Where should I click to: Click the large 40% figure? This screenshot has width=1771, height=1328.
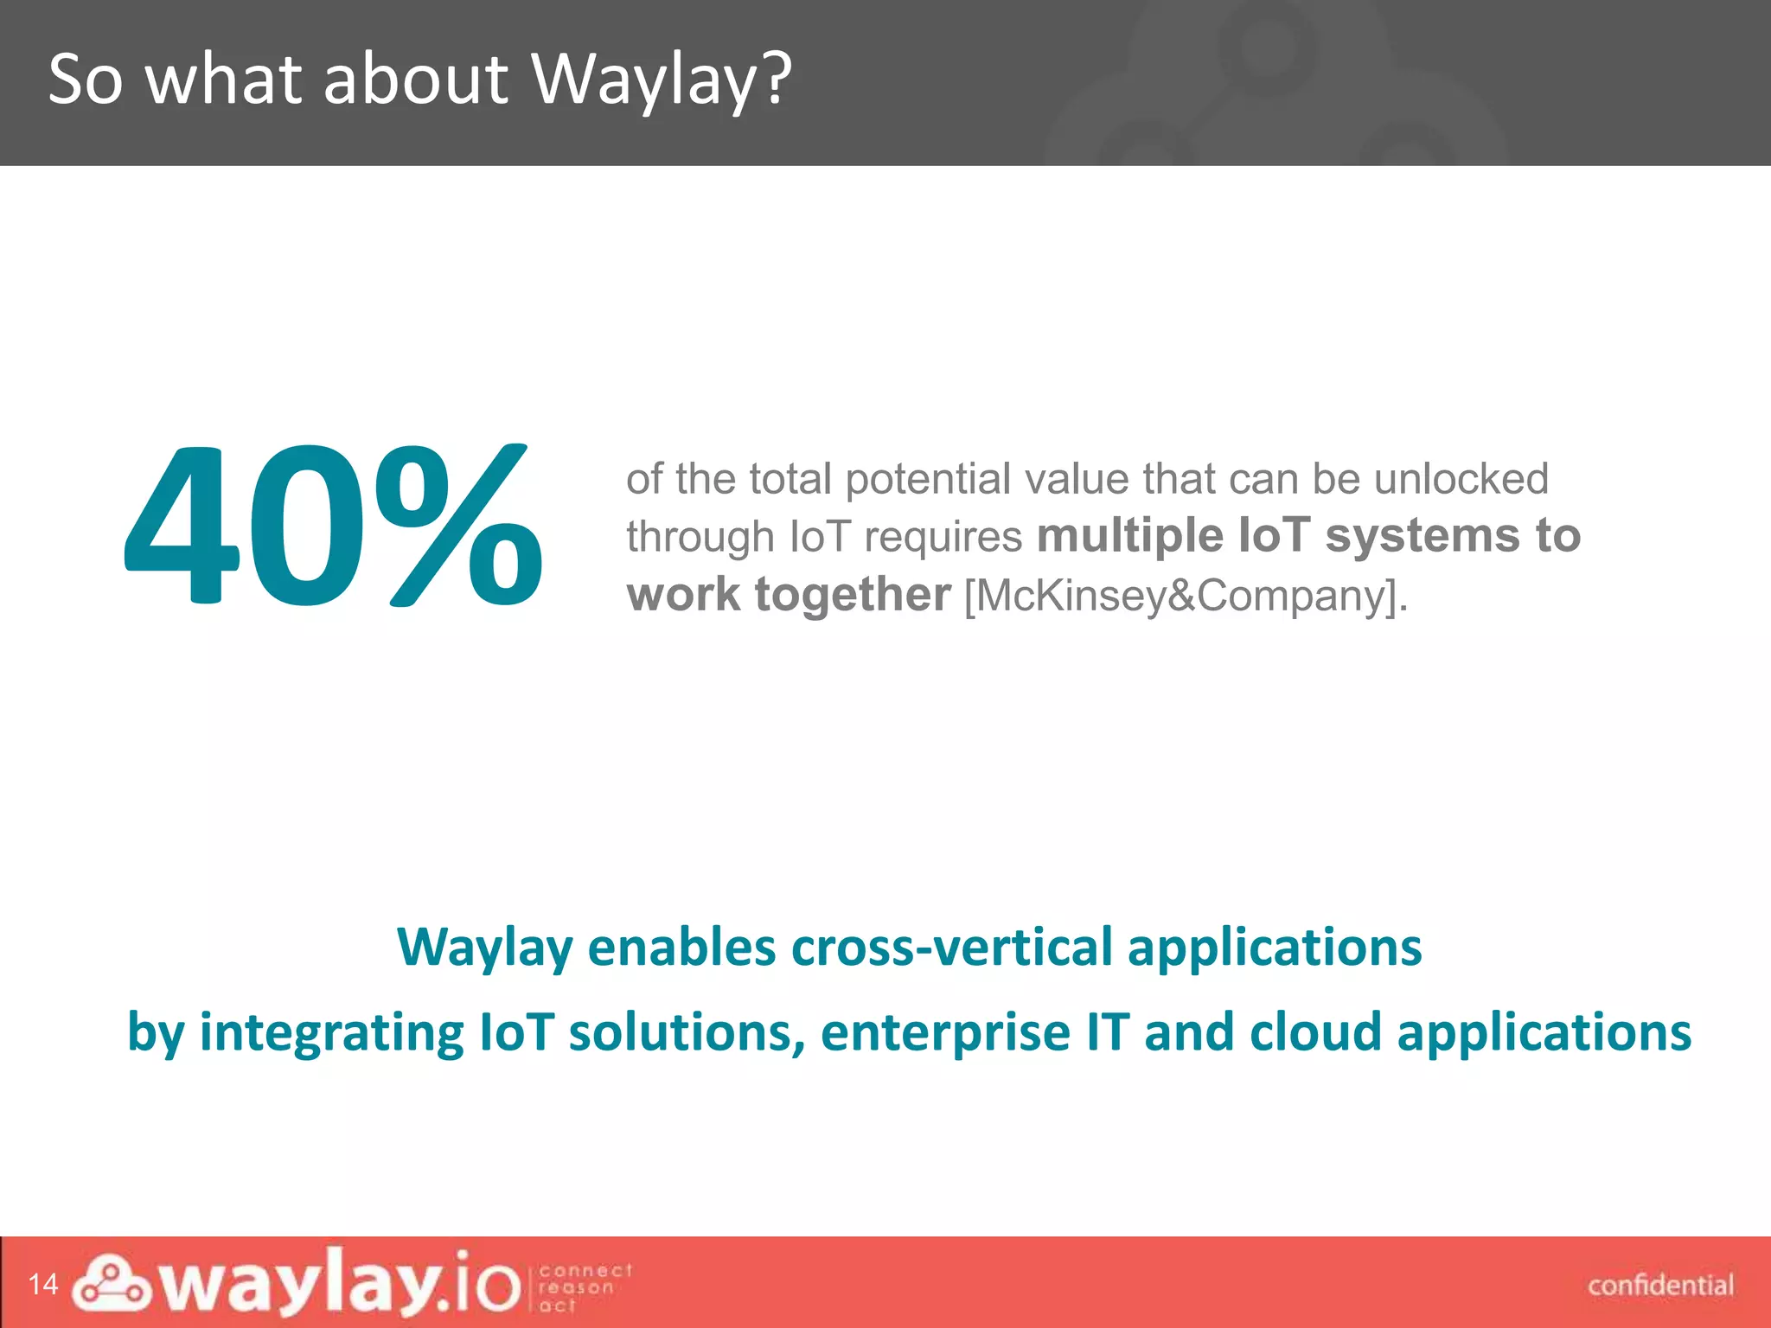click(x=333, y=526)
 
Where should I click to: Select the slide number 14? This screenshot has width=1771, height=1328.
click(x=43, y=1285)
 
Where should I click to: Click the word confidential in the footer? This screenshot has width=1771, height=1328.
click(x=1660, y=1286)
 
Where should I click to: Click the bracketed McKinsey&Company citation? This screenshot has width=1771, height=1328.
click(x=1186, y=596)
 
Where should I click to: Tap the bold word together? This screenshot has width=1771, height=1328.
click(x=853, y=595)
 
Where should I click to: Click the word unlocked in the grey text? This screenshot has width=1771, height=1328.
click(x=1461, y=479)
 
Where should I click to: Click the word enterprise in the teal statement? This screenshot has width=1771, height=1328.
click(x=945, y=1033)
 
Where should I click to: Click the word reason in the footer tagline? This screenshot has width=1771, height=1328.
click(x=576, y=1287)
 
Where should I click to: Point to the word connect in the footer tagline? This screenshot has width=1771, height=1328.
click(x=585, y=1270)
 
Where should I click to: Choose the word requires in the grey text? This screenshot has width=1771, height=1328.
click(x=943, y=537)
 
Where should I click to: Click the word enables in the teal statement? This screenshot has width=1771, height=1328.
click(x=681, y=948)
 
